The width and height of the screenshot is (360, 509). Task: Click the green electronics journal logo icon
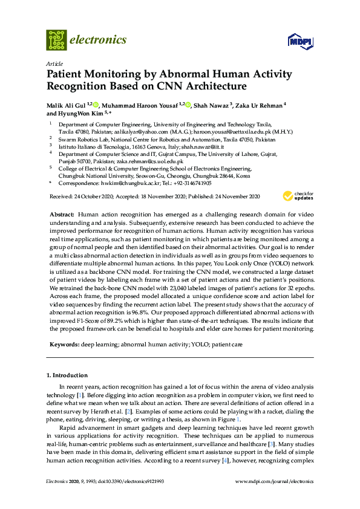tap(56, 40)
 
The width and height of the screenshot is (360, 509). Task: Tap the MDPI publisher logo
tap(299, 42)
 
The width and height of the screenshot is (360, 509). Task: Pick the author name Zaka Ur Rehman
tap(258, 105)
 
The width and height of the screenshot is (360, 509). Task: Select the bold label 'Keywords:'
tap(65, 343)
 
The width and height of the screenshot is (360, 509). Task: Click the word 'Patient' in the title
tap(68, 75)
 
